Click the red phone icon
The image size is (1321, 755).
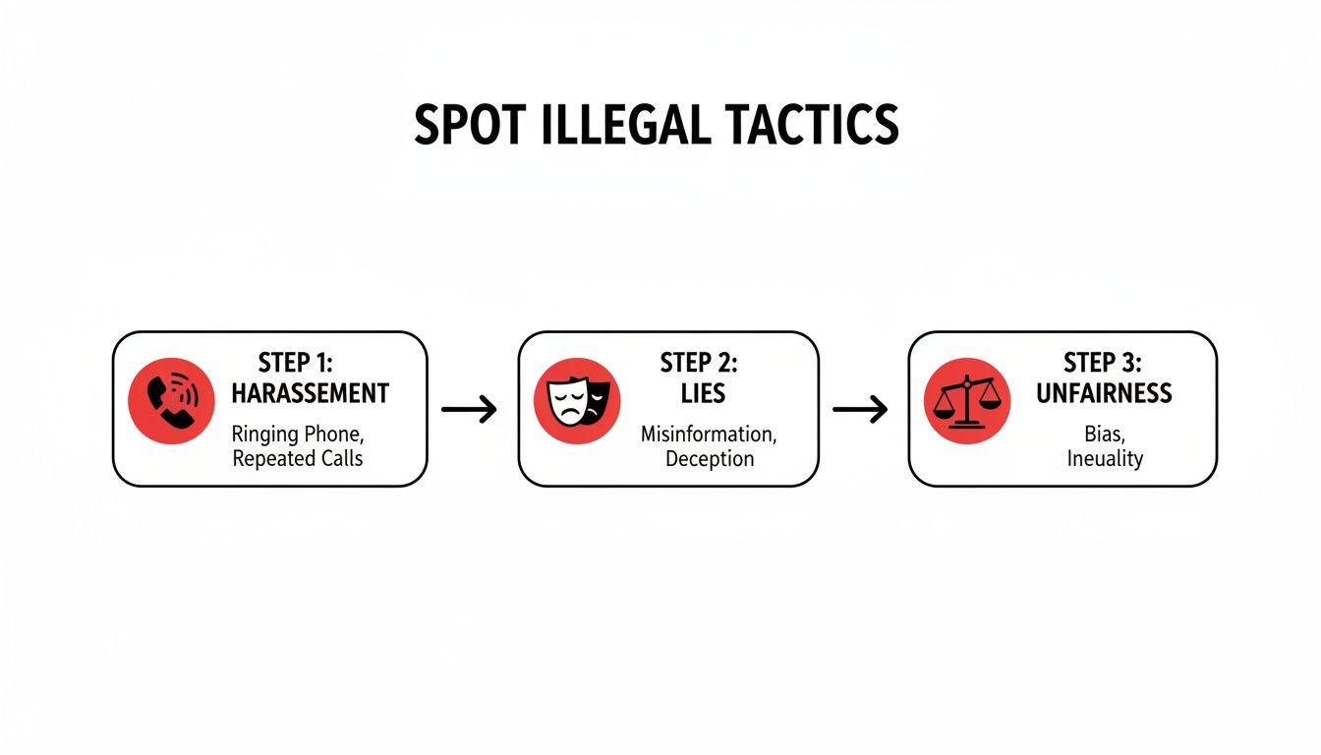(172, 400)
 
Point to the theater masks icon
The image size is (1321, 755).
(576, 401)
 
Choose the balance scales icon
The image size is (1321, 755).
(967, 401)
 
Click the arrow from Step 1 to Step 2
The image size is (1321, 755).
(470, 409)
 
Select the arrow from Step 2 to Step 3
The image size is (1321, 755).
(861, 409)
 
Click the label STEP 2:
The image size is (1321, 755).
(699, 363)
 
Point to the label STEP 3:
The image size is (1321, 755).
(1103, 363)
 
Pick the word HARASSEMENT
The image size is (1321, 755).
(310, 394)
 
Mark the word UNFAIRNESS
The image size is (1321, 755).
(1104, 394)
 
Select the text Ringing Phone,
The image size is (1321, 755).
(298, 434)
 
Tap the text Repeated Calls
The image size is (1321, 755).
(298, 458)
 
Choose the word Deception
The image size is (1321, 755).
(709, 458)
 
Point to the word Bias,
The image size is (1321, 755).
(1104, 434)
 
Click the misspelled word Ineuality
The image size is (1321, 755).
(1104, 458)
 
